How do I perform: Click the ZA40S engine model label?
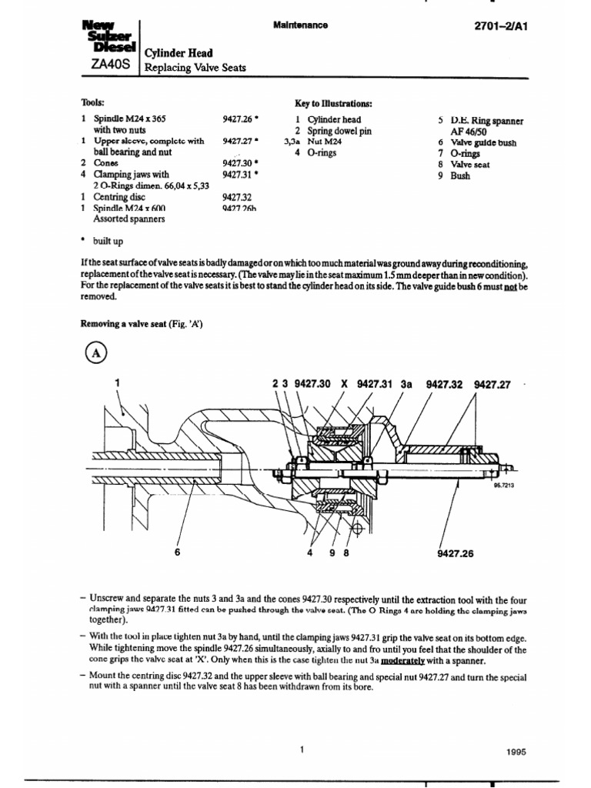(x=108, y=66)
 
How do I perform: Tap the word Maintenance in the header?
(x=300, y=25)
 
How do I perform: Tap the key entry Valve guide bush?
(x=483, y=142)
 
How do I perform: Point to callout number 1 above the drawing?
(x=117, y=382)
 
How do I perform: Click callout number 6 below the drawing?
(x=178, y=552)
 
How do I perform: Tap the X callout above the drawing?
(x=344, y=383)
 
